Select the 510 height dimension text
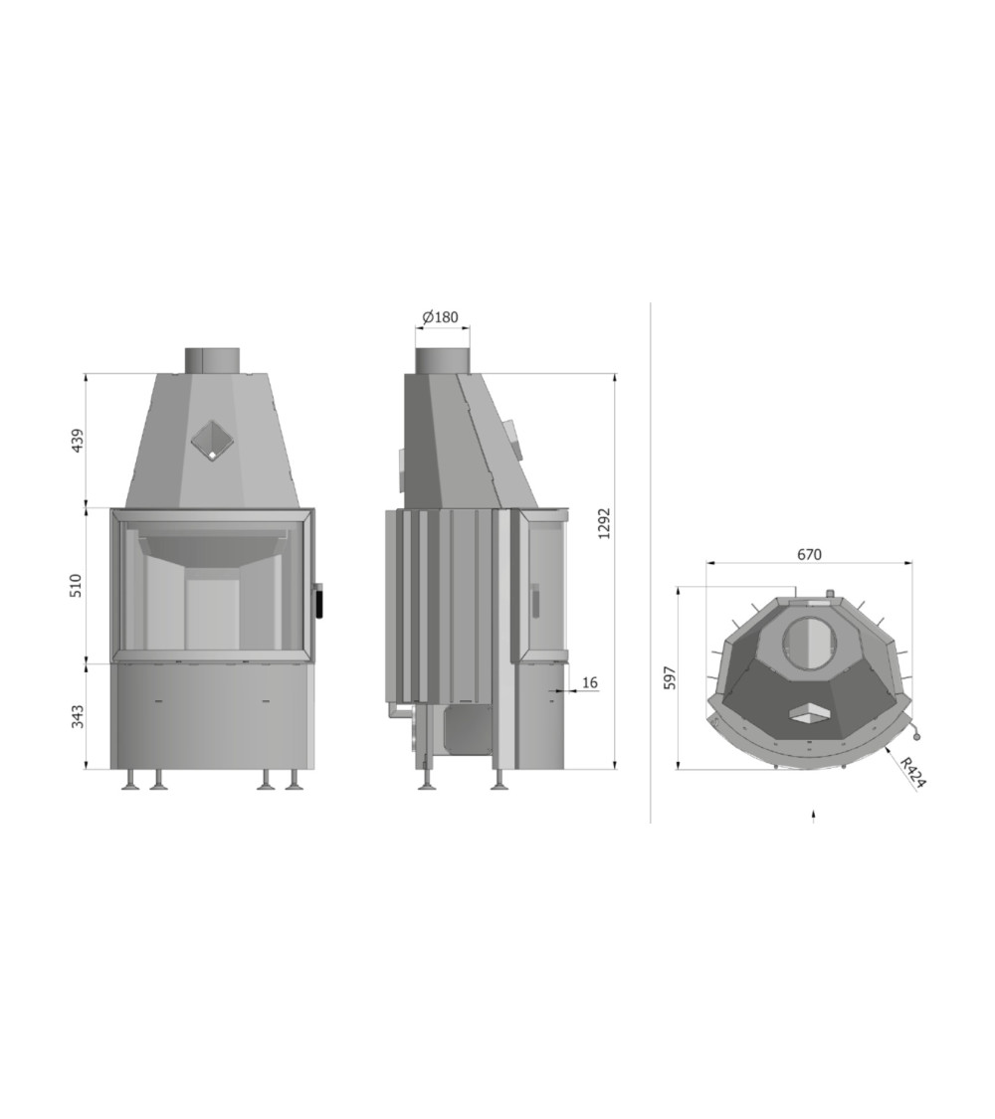point(78,585)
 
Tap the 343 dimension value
point(78,716)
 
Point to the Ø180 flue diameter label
point(441,317)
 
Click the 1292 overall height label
point(605,524)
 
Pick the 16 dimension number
point(590,683)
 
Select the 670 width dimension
point(809,554)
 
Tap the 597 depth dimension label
point(670,678)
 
